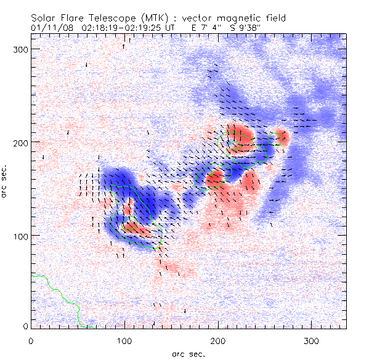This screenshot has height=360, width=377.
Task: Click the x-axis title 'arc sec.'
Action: point(188,353)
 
